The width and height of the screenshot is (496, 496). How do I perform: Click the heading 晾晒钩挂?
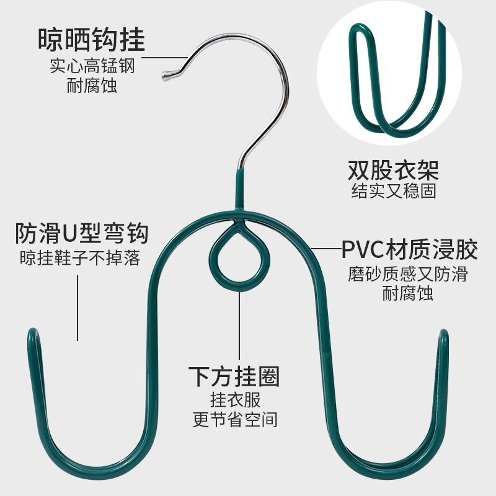pyautogui.click(x=91, y=40)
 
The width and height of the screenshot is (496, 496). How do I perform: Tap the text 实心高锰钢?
pyautogui.click(x=92, y=66)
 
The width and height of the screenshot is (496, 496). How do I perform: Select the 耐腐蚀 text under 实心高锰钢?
pyautogui.click(x=92, y=85)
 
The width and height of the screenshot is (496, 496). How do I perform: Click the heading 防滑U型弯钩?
pyautogui.click(x=81, y=234)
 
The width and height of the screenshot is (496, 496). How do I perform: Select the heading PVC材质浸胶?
pyautogui.click(x=409, y=250)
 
